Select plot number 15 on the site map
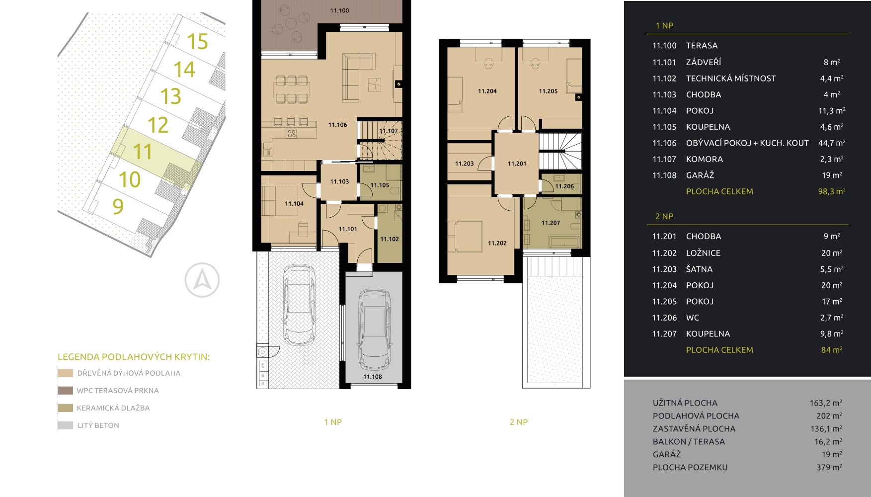(x=197, y=42)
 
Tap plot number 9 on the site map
(x=118, y=206)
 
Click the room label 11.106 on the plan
(x=337, y=125)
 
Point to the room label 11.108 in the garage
(x=373, y=377)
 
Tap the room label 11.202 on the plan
(x=497, y=243)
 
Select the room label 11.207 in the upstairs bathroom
(x=551, y=223)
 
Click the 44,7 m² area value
(x=832, y=143)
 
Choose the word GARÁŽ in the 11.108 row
(x=700, y=175)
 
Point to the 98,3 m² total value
(x=832, y=191)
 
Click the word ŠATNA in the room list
(x=699, y=269)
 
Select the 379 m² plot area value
(x=829, y=467)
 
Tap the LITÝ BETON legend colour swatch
(x=65, y=425)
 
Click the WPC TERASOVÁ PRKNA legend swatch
(x=65, y=391)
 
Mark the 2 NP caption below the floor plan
(x=519, y=422)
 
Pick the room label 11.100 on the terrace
(x=339, y=10)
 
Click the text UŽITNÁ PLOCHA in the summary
(x=685, y=403)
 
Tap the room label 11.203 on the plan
(x=465, y=164)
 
